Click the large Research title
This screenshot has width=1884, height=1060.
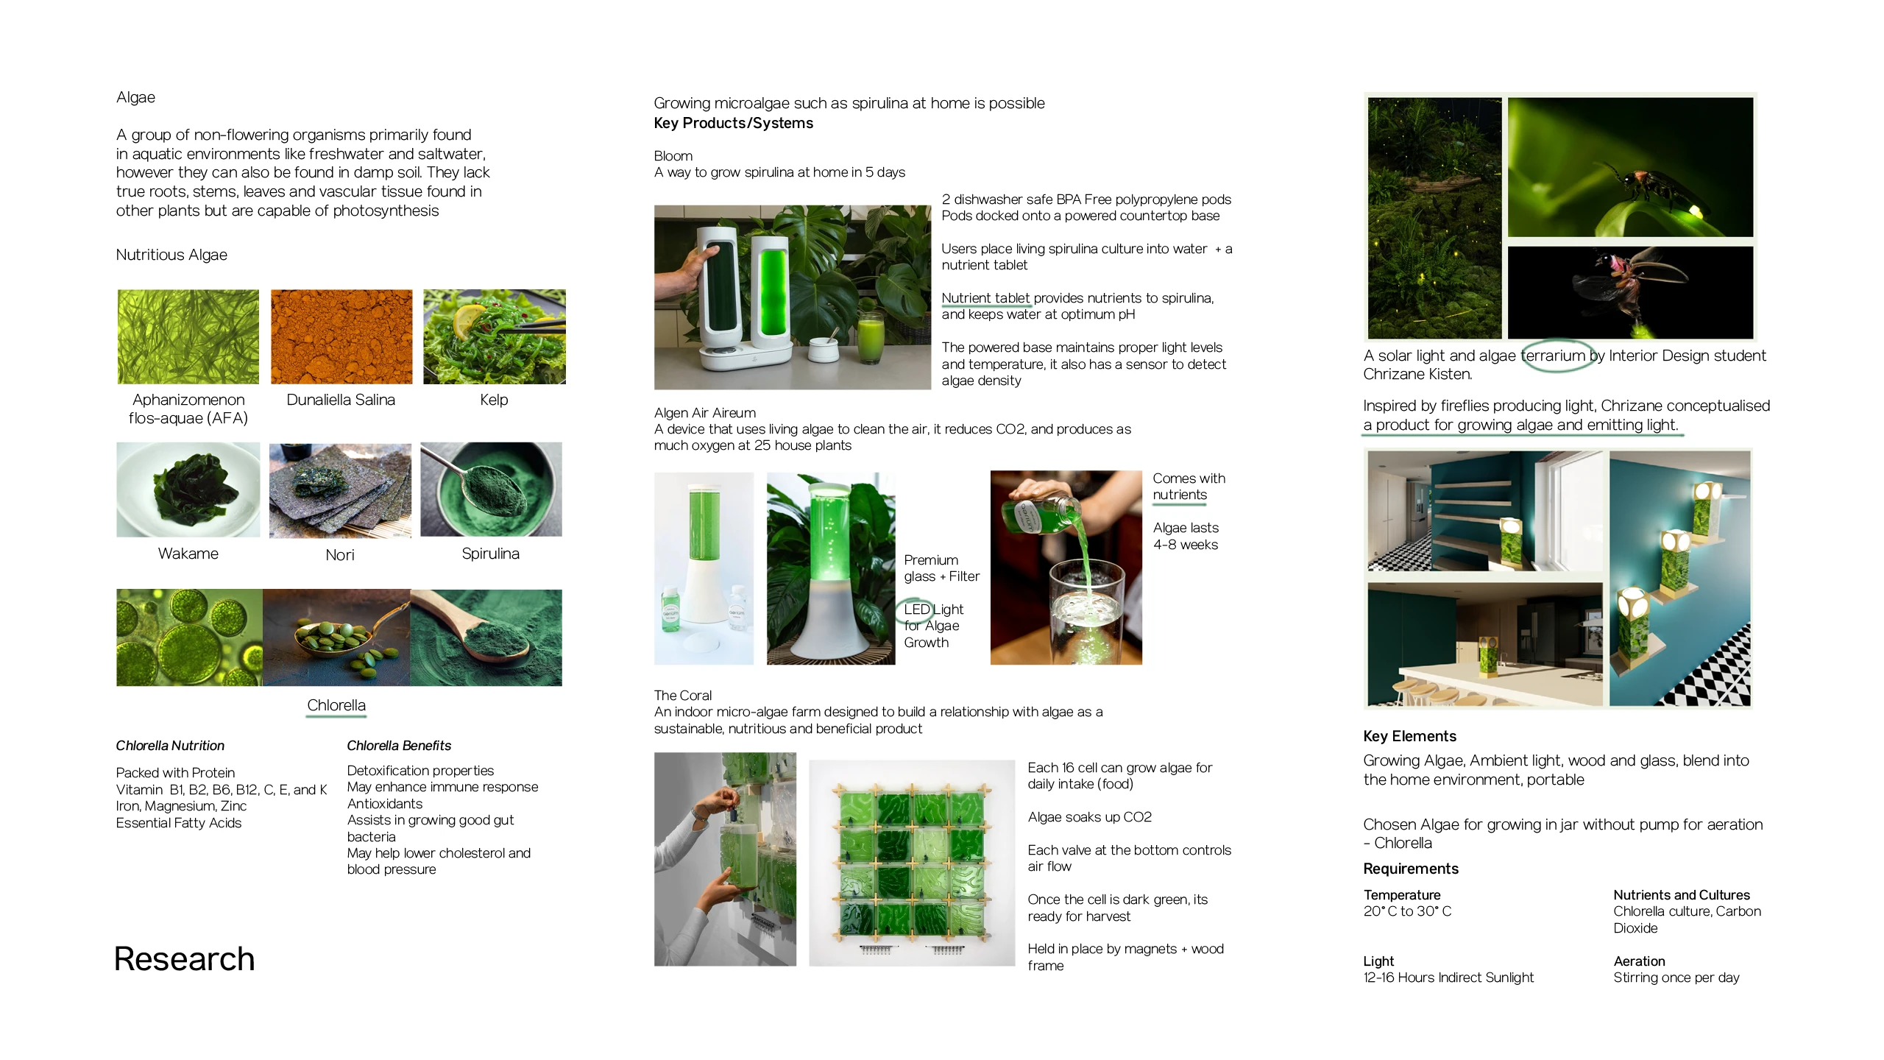click(x=184, y=959)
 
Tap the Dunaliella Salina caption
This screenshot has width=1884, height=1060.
click(x=341, y=400)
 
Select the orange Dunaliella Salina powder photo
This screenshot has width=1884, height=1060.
click(x=341, y=336)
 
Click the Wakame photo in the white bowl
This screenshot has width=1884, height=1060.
click(x=188, y=490)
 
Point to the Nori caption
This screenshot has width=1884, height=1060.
click(x=340, y=555)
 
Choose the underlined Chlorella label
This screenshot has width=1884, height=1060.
click(x=336, y=705)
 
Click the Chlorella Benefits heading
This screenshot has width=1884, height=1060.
click(x=399, y=746)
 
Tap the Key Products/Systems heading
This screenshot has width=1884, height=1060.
click(x=734, y=123)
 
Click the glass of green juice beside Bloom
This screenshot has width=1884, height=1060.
click(x=871, y=339)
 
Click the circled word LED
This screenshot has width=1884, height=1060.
click(x=917, y=609)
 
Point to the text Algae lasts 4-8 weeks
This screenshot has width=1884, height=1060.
click(x=1186, y=536)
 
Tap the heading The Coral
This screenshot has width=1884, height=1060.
click(x=683, y=696)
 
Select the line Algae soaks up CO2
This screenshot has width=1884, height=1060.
click(x=1090, y=817)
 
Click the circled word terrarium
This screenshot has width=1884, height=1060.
click(x=1553, y=356)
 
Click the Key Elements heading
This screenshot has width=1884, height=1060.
click(x=1409, y=736)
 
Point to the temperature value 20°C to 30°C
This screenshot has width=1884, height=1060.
click(x=1407, y=911)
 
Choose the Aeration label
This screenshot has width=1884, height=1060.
click(x=1639, y=961)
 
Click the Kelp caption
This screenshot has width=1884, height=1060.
click(x=494, y=400)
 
